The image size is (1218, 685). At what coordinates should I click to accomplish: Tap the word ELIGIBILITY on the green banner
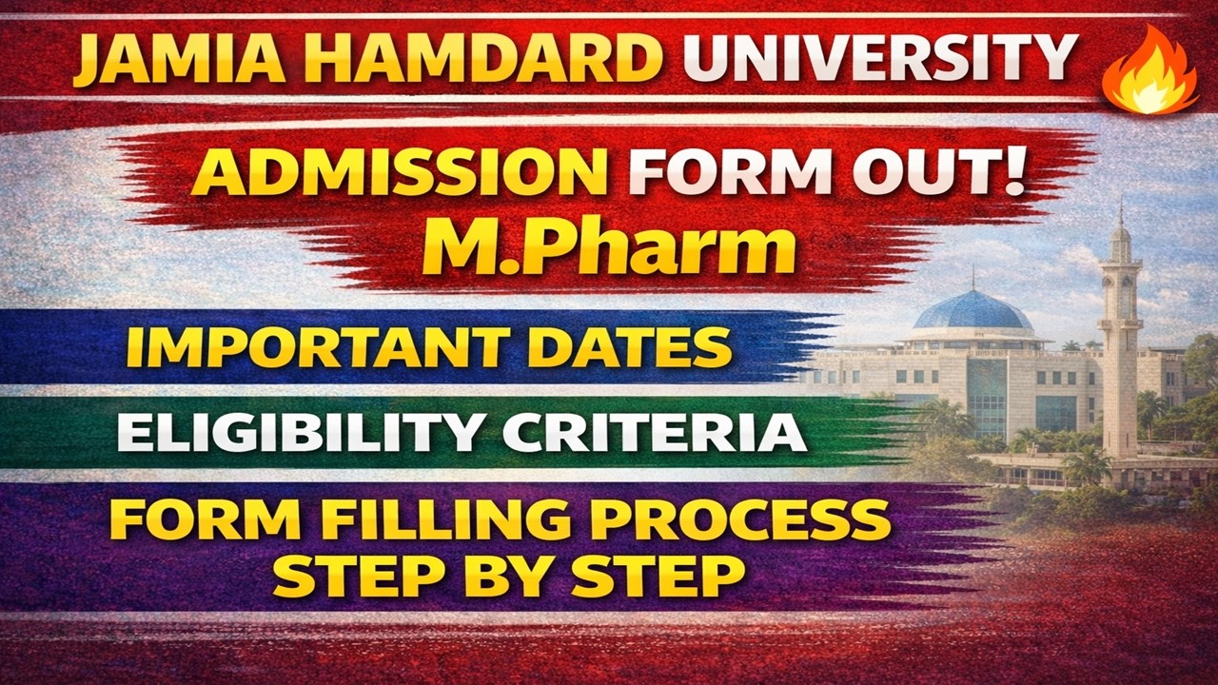click(300, 433)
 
